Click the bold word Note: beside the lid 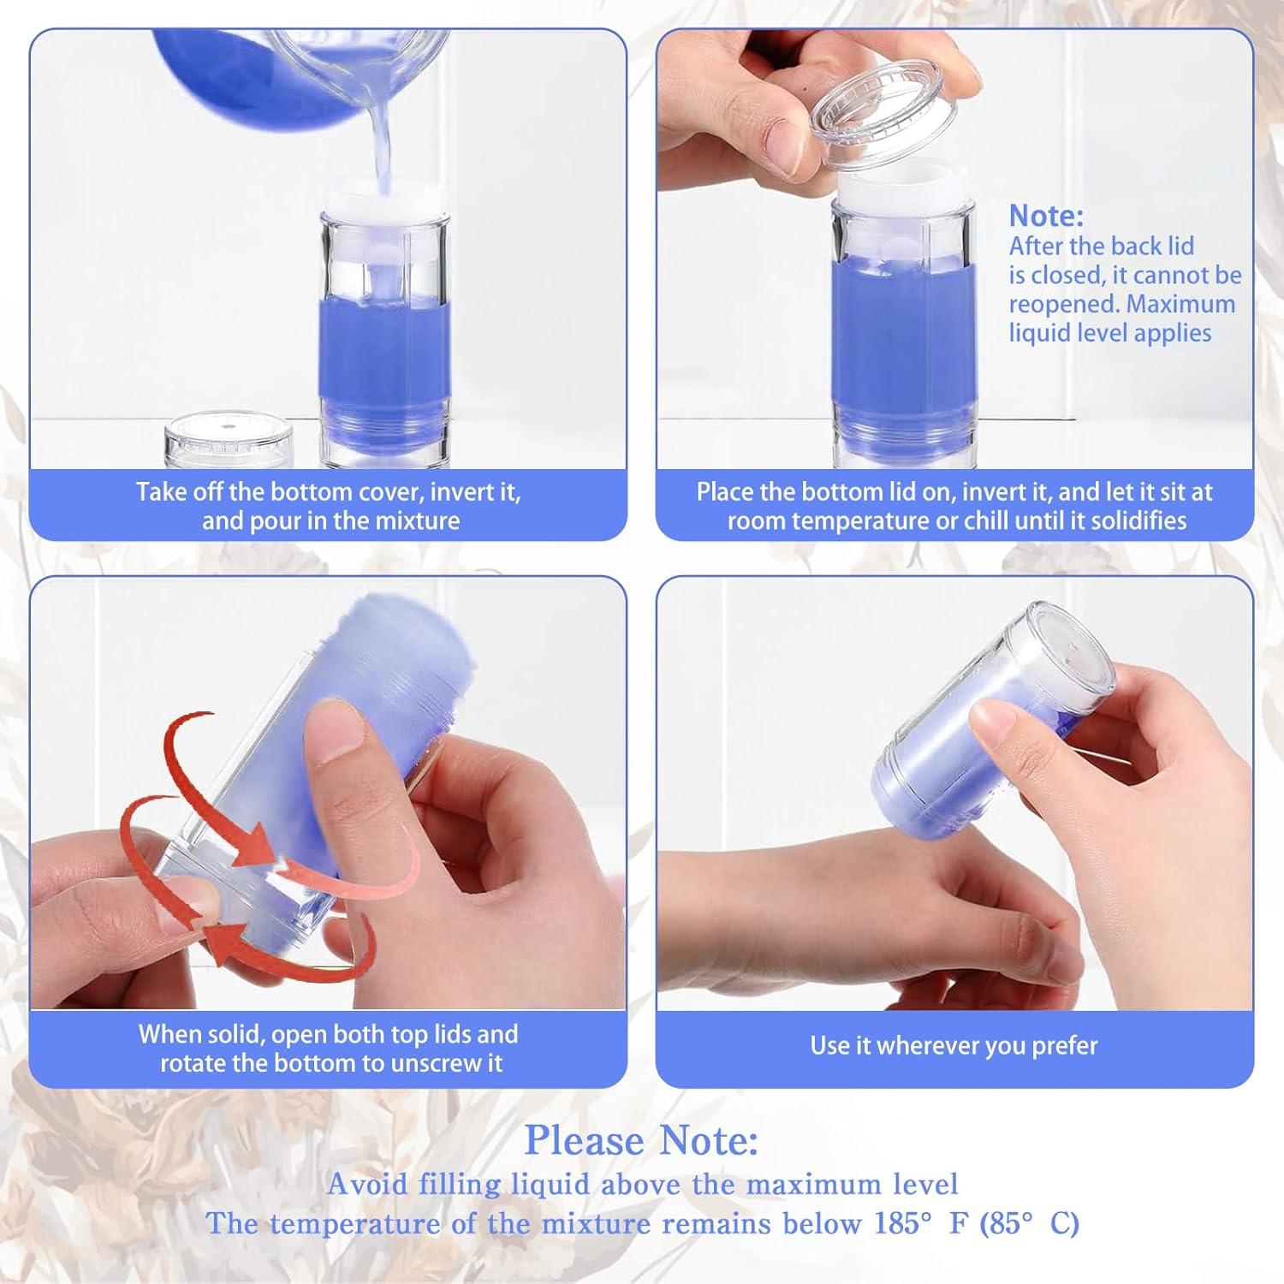(x=1046, y=215)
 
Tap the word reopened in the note (x=1062, y=305)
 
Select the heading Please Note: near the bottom (x=641, y=1140)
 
